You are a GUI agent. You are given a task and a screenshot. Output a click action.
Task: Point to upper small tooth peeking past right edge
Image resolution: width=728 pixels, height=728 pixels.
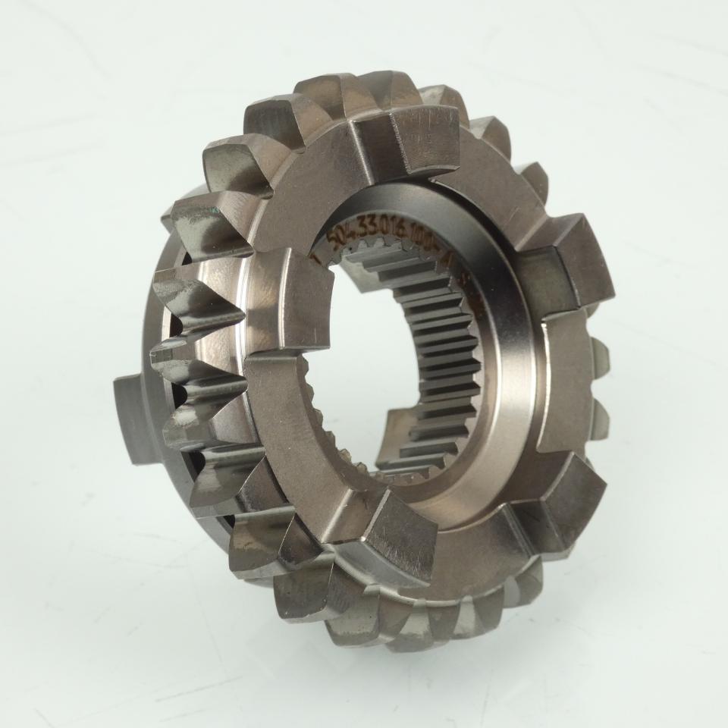click(x=599, y=356)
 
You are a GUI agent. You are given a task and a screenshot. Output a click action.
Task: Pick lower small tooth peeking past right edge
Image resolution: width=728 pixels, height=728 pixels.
click(x=599, y=413)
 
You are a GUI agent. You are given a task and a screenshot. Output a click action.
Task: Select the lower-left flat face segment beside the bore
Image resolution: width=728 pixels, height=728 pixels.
click(x=303, y=455)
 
